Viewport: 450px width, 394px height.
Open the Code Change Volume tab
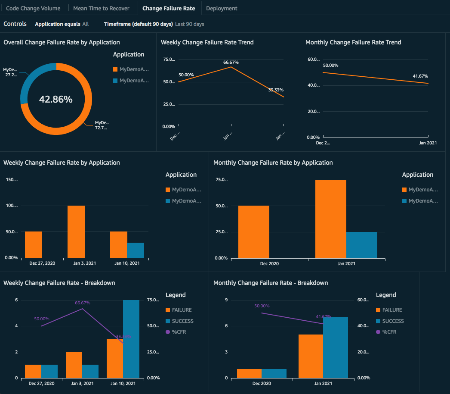[x=33, y=8]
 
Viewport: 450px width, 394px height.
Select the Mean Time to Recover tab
[x=101, y=8]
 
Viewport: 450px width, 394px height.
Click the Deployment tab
[x=221, y=8]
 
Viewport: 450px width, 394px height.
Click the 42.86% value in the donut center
[x=56, y=99]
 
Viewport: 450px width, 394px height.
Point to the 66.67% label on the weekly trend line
[x=231, y=63]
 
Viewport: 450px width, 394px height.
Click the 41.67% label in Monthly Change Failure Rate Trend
[x=420, y=76]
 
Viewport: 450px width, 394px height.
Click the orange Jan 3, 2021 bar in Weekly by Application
[x=76, y=232]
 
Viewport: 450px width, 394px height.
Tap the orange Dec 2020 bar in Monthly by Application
[x=253, y=232]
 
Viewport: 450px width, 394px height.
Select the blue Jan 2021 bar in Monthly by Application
[x=361, y=245]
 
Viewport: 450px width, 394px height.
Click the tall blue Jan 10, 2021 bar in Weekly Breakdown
[x=131, y=339]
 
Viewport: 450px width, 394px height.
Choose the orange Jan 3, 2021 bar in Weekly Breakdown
[x=74, y=365]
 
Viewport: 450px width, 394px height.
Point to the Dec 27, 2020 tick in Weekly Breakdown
[x=42, y=383]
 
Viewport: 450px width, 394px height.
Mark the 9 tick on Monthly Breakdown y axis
[x=226, y=300]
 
